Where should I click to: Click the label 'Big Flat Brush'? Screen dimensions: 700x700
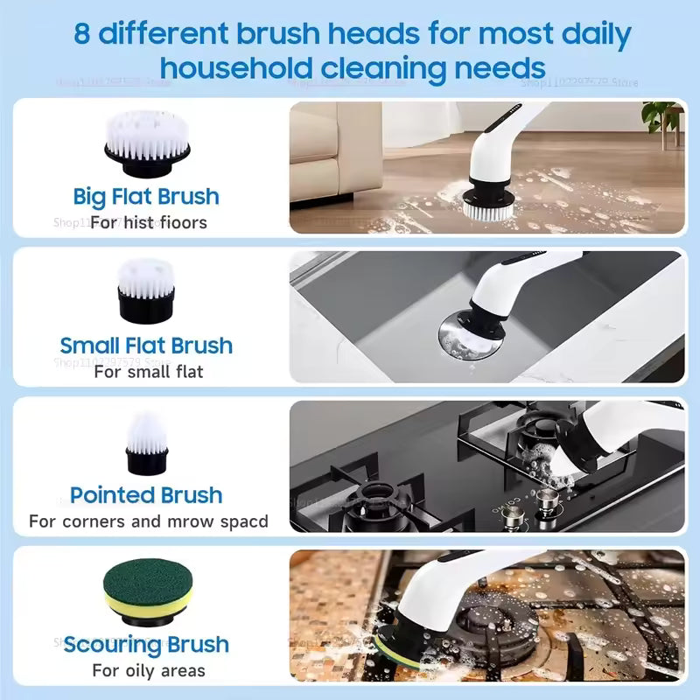click(x=146, y=196)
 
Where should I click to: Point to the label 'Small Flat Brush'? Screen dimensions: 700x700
click(x=146, y=345)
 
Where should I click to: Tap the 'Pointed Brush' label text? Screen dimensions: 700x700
click(x=146, y=495)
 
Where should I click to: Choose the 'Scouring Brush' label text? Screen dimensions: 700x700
click(x=146, y=646)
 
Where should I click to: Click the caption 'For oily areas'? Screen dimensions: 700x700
click(x=148, y=671)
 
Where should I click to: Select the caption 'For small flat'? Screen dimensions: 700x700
click(x=148, y=371)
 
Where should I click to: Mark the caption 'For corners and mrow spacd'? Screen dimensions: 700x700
click(x=148, y=521)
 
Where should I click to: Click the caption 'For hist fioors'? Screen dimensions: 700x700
click(x=148, y=222)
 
